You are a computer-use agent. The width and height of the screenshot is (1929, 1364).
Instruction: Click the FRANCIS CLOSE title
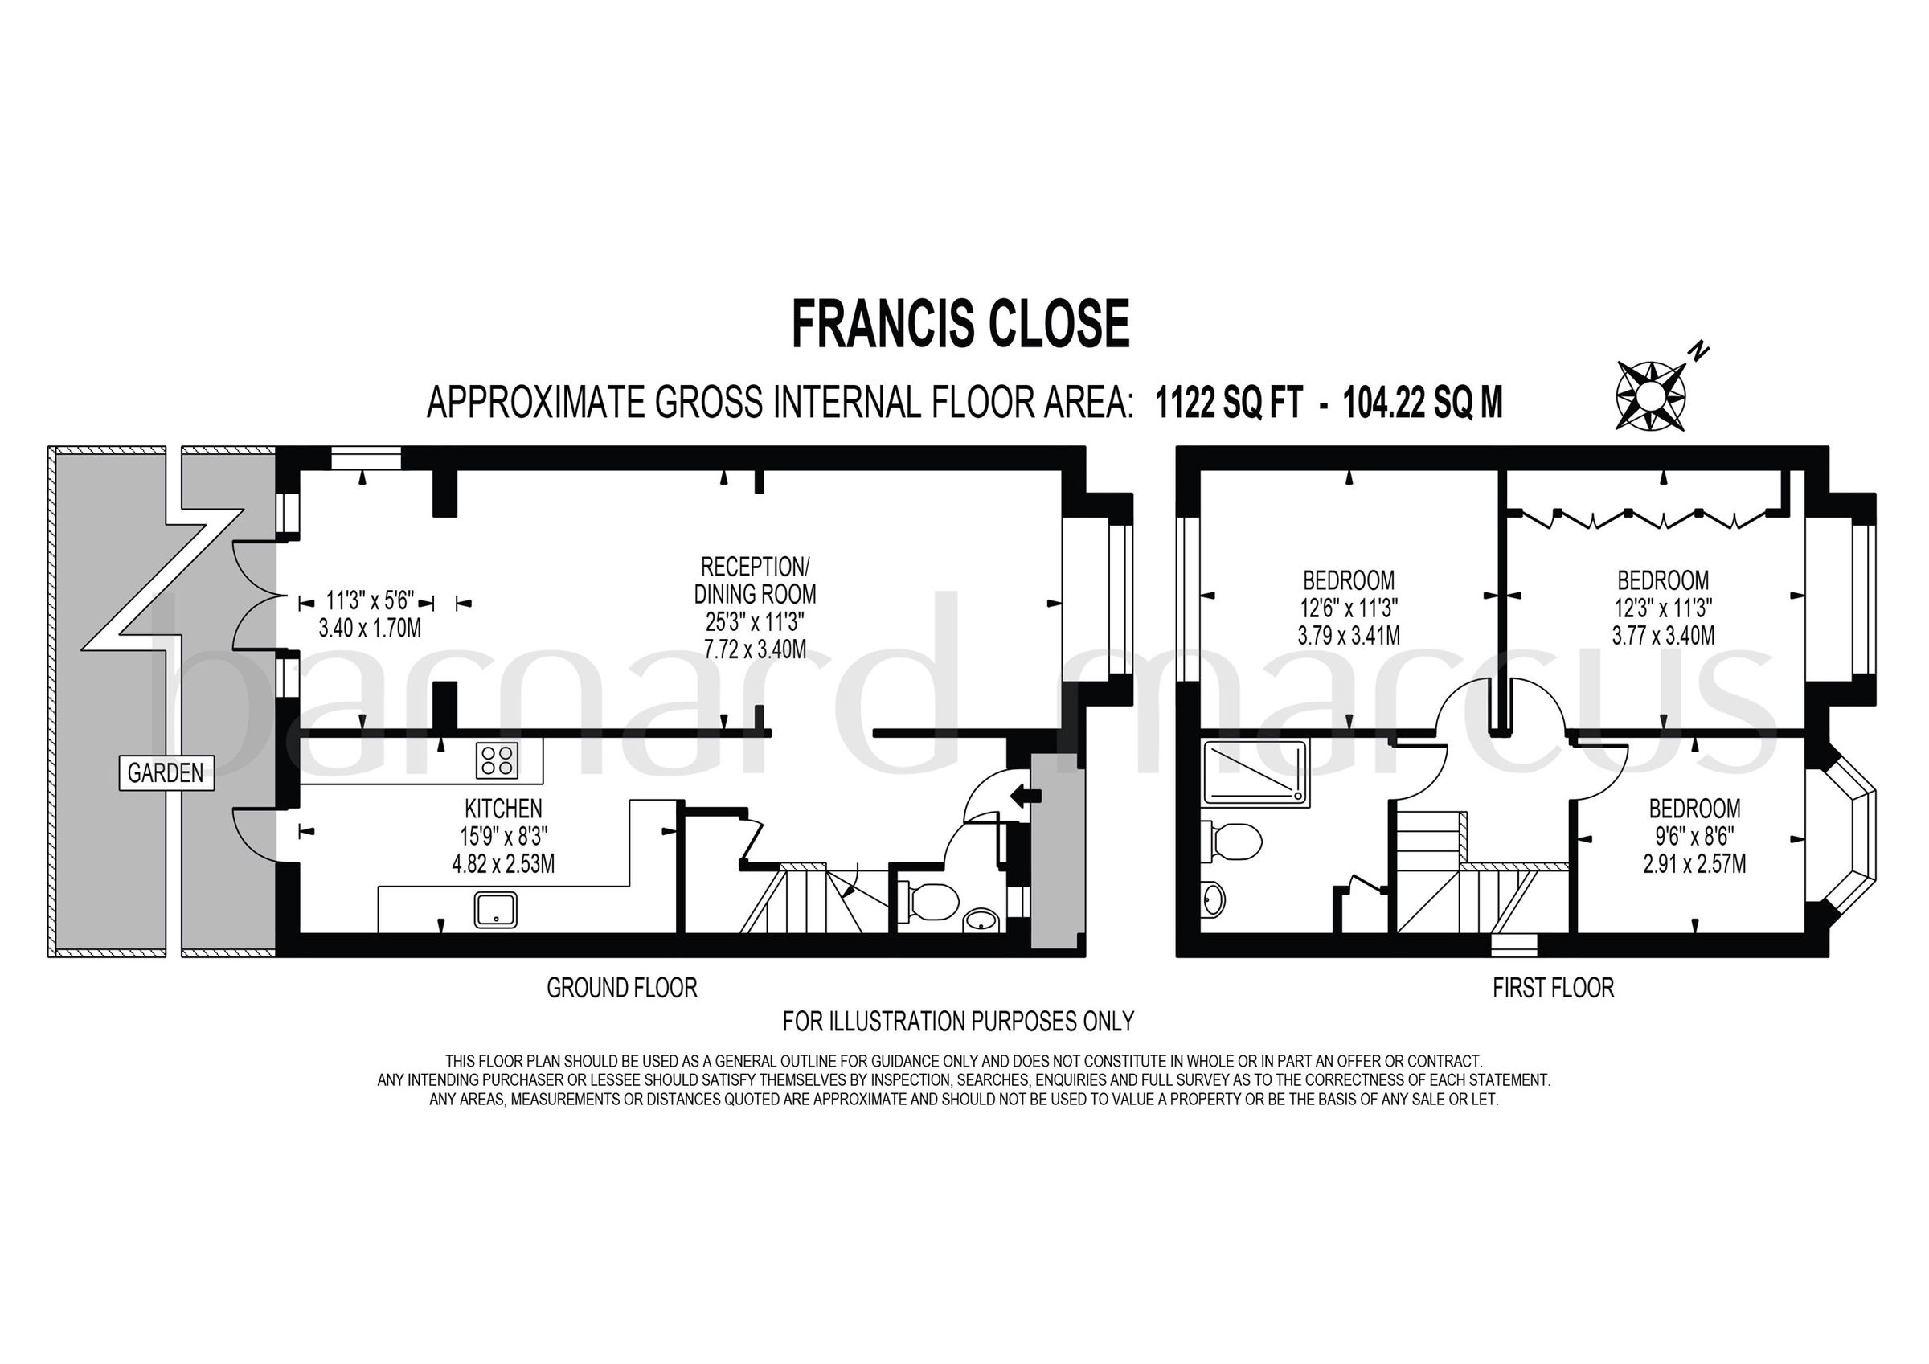point(960,326)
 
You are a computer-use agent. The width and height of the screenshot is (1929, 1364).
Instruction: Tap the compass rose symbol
point(1651,394)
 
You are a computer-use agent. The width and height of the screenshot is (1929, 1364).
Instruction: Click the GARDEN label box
point(166,772)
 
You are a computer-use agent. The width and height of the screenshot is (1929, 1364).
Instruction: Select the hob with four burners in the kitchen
point(497,760)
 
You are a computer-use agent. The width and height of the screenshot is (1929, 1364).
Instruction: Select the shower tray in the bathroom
point(1255,772)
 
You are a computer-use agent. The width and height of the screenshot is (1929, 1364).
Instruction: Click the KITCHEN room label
point(503,809)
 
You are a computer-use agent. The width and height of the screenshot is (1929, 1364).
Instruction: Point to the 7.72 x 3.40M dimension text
point(755,649)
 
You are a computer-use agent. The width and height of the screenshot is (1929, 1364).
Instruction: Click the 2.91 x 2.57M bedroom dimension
point(1694,864)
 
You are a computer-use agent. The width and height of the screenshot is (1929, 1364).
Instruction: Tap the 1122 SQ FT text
point(1228,403)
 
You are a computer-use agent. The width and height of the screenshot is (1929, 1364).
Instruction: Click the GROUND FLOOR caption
point(622,988)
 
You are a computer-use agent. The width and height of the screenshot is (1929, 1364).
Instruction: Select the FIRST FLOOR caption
point(1553,988)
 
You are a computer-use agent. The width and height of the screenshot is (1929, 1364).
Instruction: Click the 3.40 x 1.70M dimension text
point(370,628)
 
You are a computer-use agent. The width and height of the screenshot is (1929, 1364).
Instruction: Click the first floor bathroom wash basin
point(1212,900)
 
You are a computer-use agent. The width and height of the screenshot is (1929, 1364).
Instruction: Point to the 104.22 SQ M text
point(1423,403)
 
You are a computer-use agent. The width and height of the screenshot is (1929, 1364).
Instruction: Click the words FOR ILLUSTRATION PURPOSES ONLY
point(958,1021)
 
